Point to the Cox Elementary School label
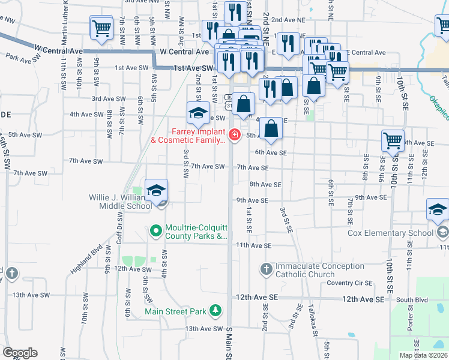pyautogui.click(x=391, y=233)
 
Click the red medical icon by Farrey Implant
pyautogui.click(x=234, y=134)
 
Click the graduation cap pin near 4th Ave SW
pyautogui.click(x=198, y=112)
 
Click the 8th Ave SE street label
pyautogui.click(x=265, y=185)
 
